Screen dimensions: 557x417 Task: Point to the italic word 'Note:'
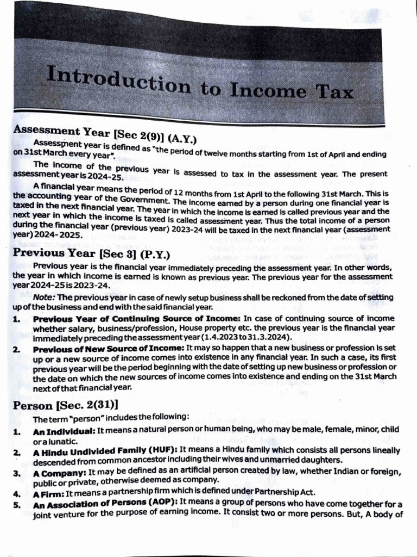coord(44,297)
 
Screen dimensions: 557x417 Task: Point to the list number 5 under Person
coord(16,503)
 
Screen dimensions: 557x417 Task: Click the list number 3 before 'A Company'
coord(16,473)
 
